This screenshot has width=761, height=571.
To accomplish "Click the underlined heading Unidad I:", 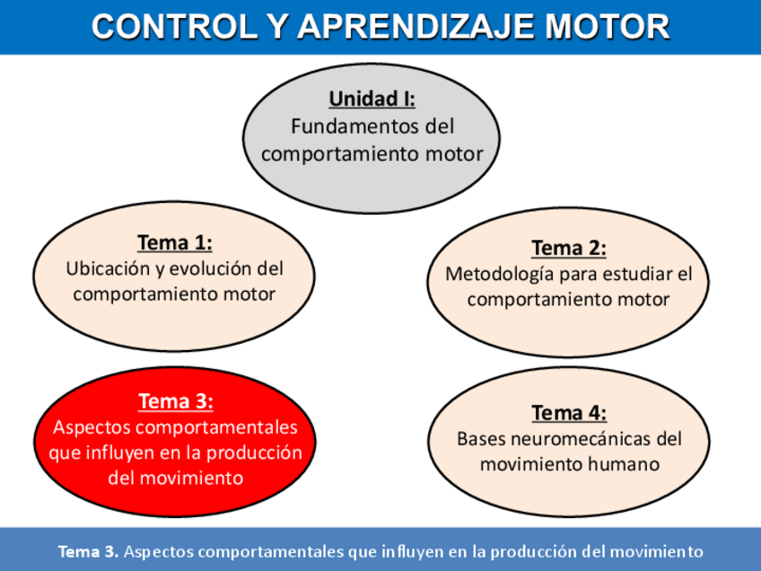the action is (372, 99).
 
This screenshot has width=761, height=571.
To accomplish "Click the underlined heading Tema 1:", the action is (175, 242).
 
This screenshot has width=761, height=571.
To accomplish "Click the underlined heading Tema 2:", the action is (569, 248).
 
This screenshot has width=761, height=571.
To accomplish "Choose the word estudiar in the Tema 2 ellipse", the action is (638, 274).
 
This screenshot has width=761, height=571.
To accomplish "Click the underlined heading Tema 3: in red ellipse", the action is (175, 401).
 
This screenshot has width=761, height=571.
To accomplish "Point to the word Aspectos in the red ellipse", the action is (91, 427).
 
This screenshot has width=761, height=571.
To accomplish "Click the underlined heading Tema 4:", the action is (569, 413).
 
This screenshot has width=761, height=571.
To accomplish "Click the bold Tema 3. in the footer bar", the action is (88, 551).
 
